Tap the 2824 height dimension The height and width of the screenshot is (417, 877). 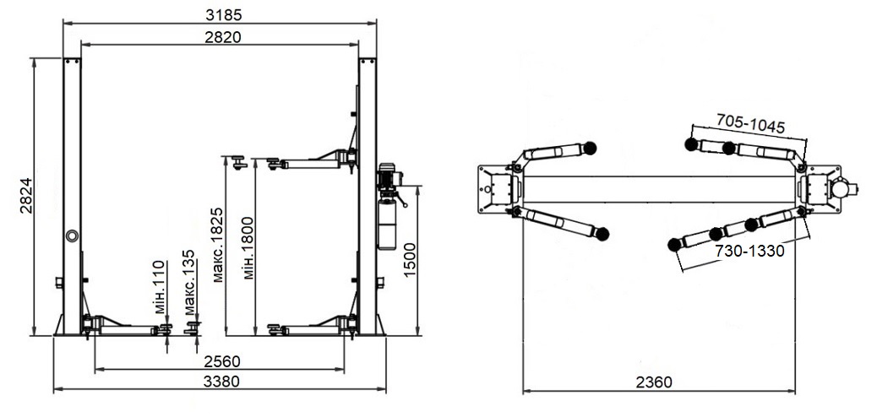coord(26,196)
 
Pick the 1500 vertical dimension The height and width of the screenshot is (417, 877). coord(410,261)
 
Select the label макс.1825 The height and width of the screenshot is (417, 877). coord(218,245)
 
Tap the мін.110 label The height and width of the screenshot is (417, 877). coord(160,287)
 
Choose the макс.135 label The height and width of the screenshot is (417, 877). coord(189,282)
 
